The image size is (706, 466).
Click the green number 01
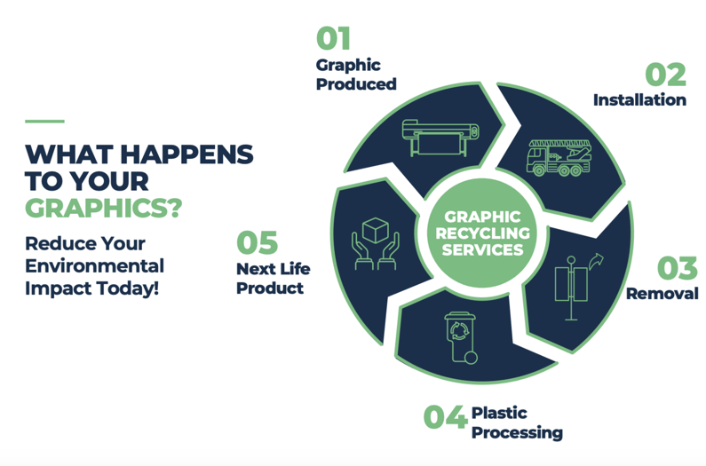pos(333,38)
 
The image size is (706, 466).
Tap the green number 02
pos(665,75)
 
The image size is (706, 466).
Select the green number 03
pos(678,268)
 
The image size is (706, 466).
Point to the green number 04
pos(444,416)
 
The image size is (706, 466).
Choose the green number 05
pos(258,242)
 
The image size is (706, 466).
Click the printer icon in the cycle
pos(440,138)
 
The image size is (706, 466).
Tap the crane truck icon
pos(559,158)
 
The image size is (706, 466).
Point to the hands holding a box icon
pos(376,243)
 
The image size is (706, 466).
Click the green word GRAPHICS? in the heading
pos(104,208)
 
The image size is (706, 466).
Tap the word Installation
pos(639,100)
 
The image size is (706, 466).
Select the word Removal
pos(662,294)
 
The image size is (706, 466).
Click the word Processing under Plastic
pos(518,432)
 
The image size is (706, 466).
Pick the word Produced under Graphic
pos(356,83)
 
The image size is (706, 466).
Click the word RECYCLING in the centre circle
pos(483,233)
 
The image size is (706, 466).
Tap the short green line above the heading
pos(44,121)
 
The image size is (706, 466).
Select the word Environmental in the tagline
pos(94,265)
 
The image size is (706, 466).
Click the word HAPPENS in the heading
pos(186,154)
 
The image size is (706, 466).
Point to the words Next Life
pos(274,269)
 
